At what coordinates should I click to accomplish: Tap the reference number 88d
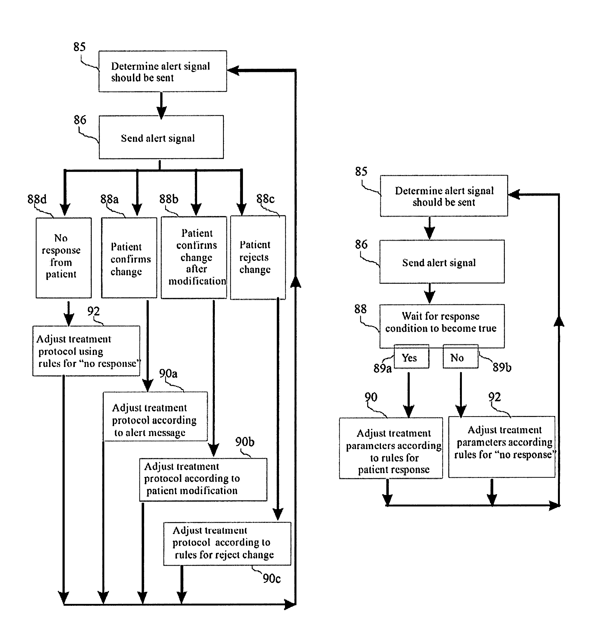(x=37, y=199)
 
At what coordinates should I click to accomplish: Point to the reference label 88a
(x=109, y=199)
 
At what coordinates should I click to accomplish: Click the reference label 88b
(x=168, y=199)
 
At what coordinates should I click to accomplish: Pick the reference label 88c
(x=265, y=199)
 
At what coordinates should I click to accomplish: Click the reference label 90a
(x=168, y=373)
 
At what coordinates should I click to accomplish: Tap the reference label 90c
(x=272, y=579)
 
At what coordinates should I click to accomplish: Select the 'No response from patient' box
(x=64, y=258)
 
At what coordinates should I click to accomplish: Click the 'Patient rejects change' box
(x=258, y=257)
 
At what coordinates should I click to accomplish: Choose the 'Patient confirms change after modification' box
(x=194, y=257)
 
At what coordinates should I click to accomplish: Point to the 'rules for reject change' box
(x=227, y=543)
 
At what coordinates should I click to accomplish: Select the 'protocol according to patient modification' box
(x=203, y=479)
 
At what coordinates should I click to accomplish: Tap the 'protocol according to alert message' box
(x=155, y=416)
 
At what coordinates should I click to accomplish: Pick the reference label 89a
(x=382, y=368)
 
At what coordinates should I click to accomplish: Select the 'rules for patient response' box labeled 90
(x=391, y=448)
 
